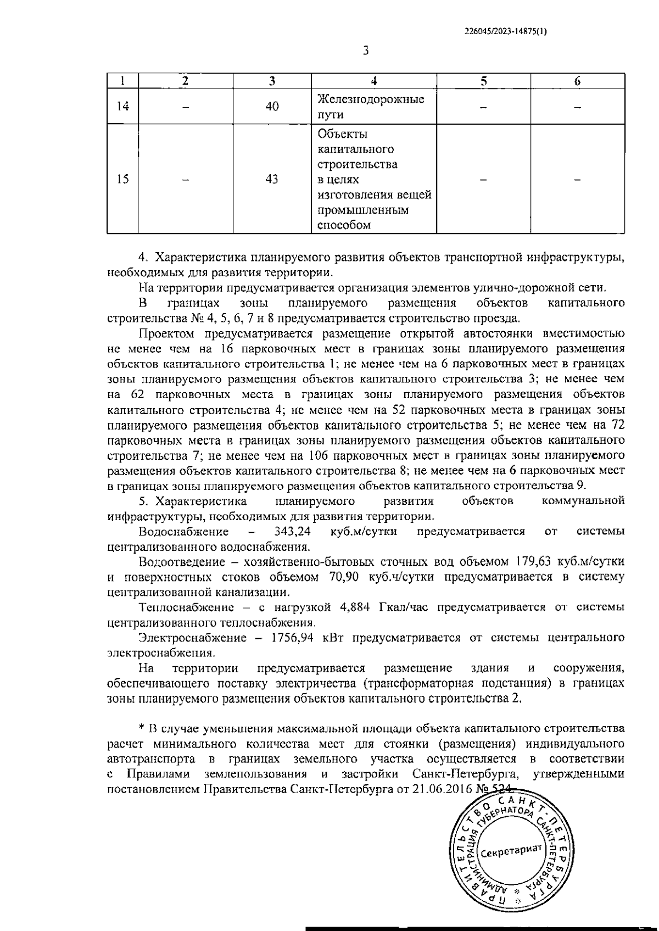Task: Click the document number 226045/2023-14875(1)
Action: point(505,32)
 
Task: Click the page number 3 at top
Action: point(366,51)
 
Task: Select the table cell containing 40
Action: point(272,107)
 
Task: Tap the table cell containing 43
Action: point(272,180)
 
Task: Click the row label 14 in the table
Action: point(122,107)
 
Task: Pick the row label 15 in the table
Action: point(122,180)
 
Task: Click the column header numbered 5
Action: point(483,81)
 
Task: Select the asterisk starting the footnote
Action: point(141,728)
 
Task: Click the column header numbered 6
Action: point(577,81)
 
